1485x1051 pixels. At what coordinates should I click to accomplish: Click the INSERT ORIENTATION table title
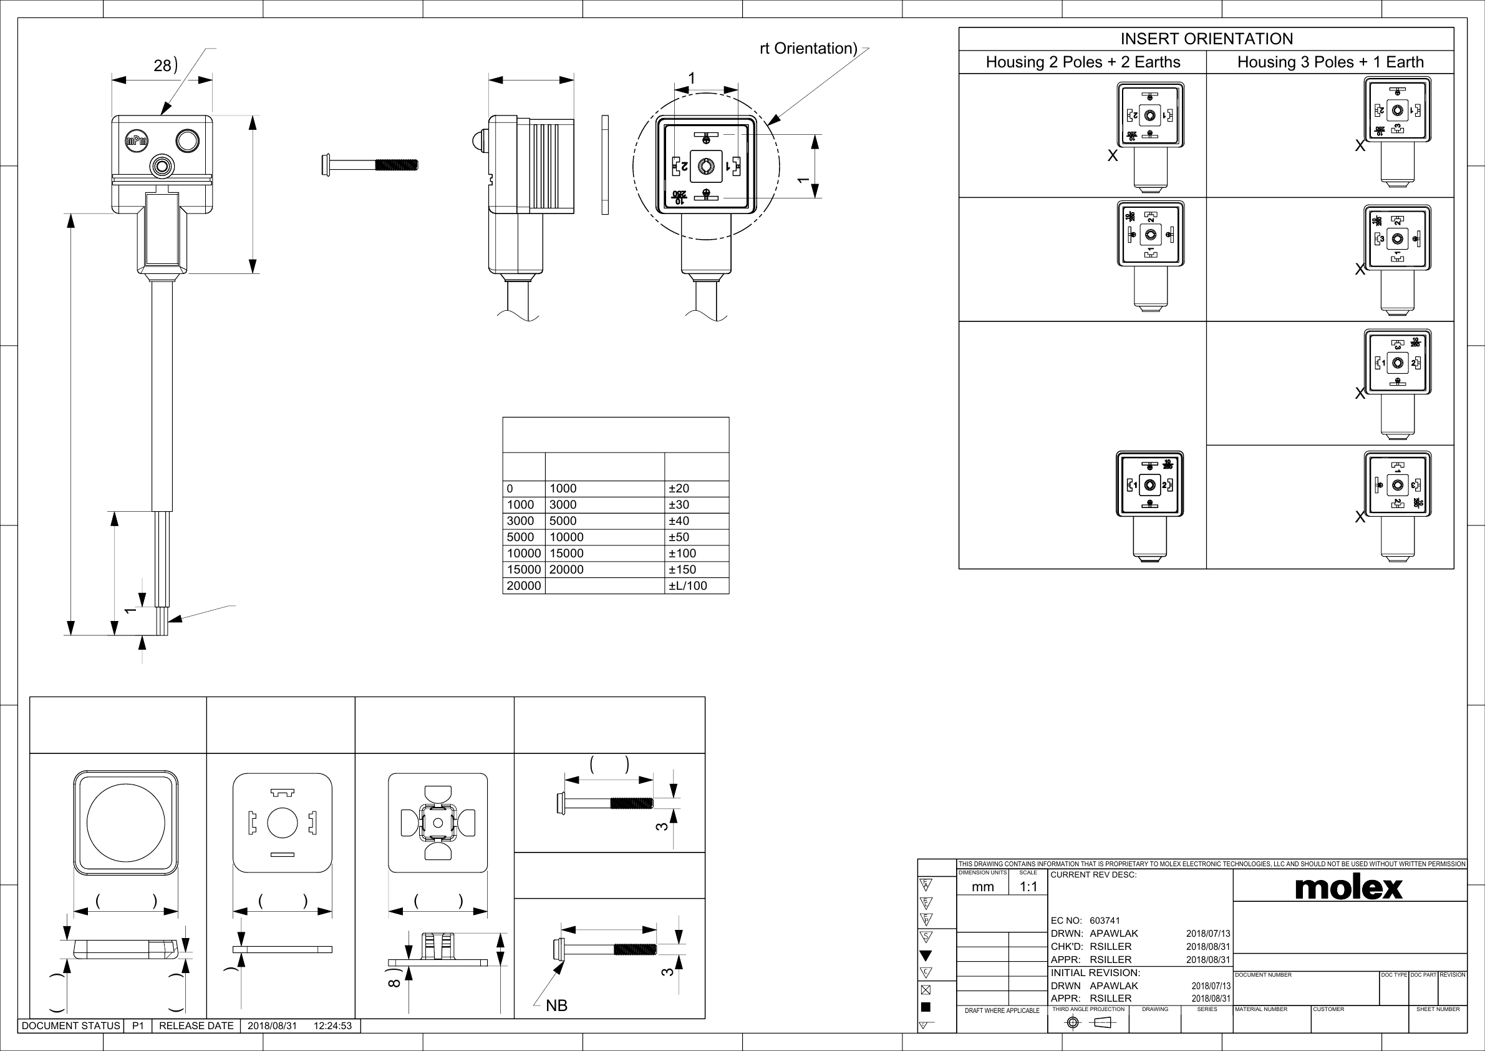(1206, 39)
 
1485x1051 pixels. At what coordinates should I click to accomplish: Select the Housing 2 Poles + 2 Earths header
(1083, 62)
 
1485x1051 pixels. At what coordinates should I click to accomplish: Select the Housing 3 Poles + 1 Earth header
(1330, 62)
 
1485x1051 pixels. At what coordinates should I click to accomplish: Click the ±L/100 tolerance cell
(687, 585)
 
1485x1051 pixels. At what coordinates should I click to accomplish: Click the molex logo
(1348, 887)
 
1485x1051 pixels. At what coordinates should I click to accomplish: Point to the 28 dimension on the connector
(162, 66)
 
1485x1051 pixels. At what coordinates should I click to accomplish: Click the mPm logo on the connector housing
(137, 141)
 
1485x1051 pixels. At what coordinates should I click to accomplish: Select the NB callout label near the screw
(556, 1005)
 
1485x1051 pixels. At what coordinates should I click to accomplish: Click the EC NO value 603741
(1105, 921)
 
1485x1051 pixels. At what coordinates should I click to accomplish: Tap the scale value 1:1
(1028, 887)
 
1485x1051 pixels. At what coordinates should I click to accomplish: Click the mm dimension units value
(982, 887)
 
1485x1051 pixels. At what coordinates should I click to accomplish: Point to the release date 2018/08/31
(273, 1026)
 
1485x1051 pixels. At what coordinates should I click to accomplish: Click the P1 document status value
(138, 1026)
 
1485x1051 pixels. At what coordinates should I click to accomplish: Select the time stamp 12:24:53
(332, 1026)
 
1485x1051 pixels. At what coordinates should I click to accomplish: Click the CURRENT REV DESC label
(1093, 875)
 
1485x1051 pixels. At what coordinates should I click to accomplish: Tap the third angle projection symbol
(1088, 1022)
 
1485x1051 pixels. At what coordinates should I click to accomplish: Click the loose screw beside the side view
(369, 164)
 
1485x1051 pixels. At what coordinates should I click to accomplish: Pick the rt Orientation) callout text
(808, 49)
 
